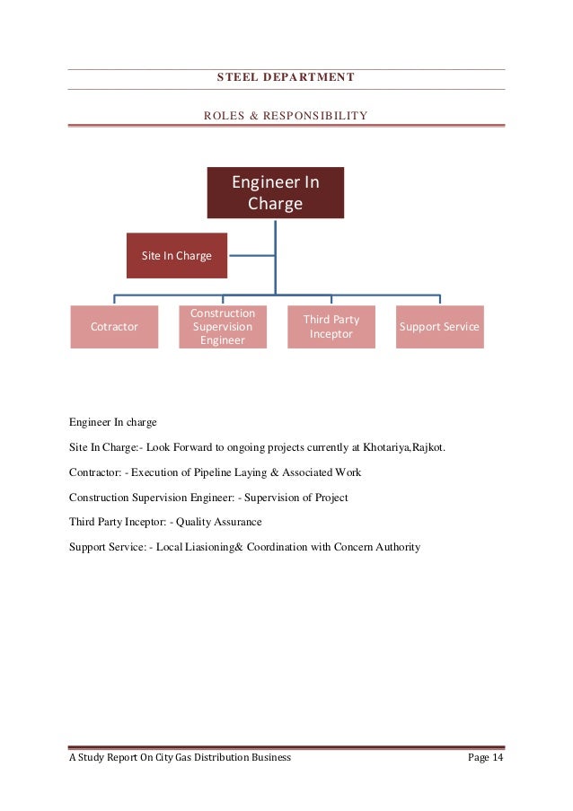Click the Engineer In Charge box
pos(275,193)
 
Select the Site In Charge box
pos(176,256)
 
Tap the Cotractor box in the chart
pos(114,327)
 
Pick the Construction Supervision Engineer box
pos(223,327)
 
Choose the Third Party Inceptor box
pos(331,327)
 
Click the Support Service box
pos(439,327)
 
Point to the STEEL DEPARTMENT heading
pos(286,77)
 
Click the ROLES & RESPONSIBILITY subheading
pos(286,116)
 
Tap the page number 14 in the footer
pos(493,758)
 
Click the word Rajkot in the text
pos(428,446)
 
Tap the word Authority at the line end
pos(396,547)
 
